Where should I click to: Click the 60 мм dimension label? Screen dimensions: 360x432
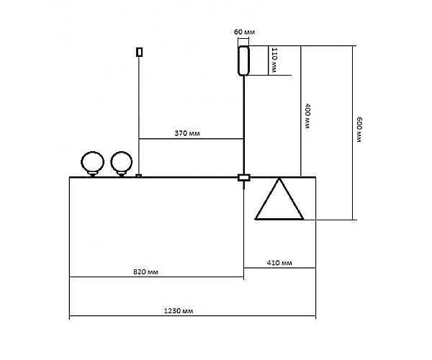[244, 32]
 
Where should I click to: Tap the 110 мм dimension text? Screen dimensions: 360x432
[274, 60]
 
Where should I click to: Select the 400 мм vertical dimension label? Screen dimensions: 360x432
[307, 116]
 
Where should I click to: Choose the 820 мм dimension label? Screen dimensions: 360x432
[146, 272]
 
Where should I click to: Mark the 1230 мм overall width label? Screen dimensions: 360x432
[179, 310]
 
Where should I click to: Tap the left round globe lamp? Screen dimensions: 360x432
[92, 163]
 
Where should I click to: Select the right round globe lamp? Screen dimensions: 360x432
[122, 163]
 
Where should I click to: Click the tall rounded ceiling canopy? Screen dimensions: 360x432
[244, 60]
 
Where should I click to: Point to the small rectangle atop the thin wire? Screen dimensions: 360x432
[139, 52]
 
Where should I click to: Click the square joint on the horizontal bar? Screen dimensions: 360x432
[243, 177]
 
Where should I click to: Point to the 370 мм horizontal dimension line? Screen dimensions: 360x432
[216, 138]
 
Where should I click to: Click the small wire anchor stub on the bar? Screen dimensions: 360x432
[139, 175]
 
